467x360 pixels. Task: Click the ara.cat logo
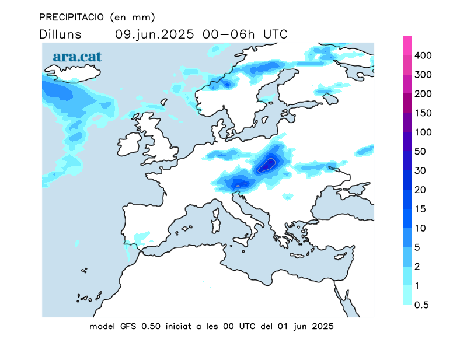[x=77, y=57]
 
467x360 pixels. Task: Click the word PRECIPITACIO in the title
[x=71, y=18]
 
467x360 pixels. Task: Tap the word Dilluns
[x=60, y=34]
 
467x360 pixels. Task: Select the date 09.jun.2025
[x=155, y=34]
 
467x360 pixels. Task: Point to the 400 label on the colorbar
[x=423, y=55]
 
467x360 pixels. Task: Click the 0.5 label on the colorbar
[x=421, y=305]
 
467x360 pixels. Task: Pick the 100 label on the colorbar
[x=423, y=132]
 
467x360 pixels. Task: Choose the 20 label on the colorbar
[x=420, y=190]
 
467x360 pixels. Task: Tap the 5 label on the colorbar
[x=417, y=247]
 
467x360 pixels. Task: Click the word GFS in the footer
[x=128, y=326]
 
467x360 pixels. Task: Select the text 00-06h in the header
[x=228, y=34]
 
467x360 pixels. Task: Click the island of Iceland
[x=72, y=73]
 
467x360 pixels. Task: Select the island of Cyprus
[x=340, y=256]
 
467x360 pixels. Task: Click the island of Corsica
[x=216, y=212]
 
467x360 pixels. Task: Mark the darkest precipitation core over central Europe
[x=267, y=165]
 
